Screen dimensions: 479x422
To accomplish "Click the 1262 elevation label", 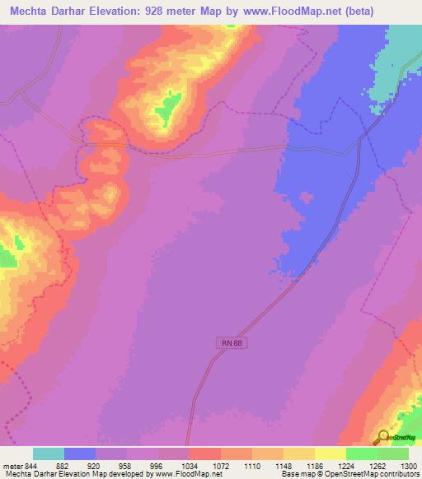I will [377, 465].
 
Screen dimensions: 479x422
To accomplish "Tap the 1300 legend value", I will [406, 465].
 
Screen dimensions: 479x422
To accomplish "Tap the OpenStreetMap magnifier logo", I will [383, 437].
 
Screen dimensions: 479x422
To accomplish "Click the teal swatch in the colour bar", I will [49, 453].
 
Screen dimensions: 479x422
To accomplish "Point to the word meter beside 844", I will [10, 465].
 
